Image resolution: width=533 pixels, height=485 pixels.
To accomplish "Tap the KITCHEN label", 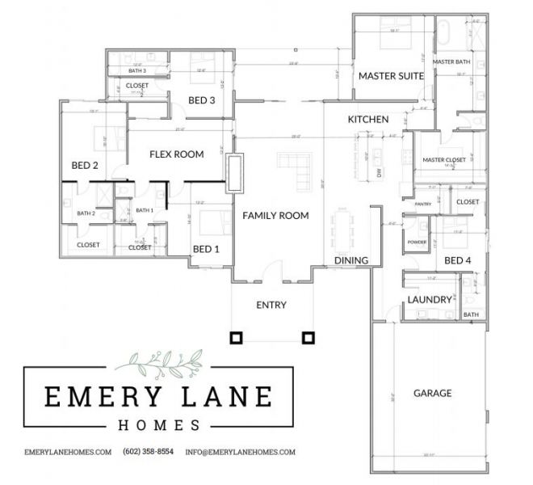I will pyautogui.click(x=368, y=120).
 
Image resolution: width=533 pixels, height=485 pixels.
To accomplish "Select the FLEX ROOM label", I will pyautogui.click(x=176, y=154).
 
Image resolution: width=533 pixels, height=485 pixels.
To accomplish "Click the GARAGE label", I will pyautogui.click(x=432, y=394).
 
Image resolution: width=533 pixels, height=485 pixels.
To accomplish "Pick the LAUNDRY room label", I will pyautogui.click(x=430, y=299).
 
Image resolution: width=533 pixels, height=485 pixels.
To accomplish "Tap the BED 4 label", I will pyautogui.click(x=458, y=260).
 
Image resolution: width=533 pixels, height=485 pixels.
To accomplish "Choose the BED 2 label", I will pyautogui.click(x=85, y=166).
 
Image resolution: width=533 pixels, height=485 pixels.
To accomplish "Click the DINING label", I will pyautogui.click(x=351, y=260).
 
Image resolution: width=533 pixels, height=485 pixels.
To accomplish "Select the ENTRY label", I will pyautogui.click(x=272, y=305).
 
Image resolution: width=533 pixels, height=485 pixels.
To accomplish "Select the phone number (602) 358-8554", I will pyautogui.click(x=148, y=452).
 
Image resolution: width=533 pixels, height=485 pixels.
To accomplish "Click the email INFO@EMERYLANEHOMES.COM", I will pyautogui.click(x=240, y=452).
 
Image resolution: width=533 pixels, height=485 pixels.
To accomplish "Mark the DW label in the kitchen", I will pyautogui.click(x=378, y=173).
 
